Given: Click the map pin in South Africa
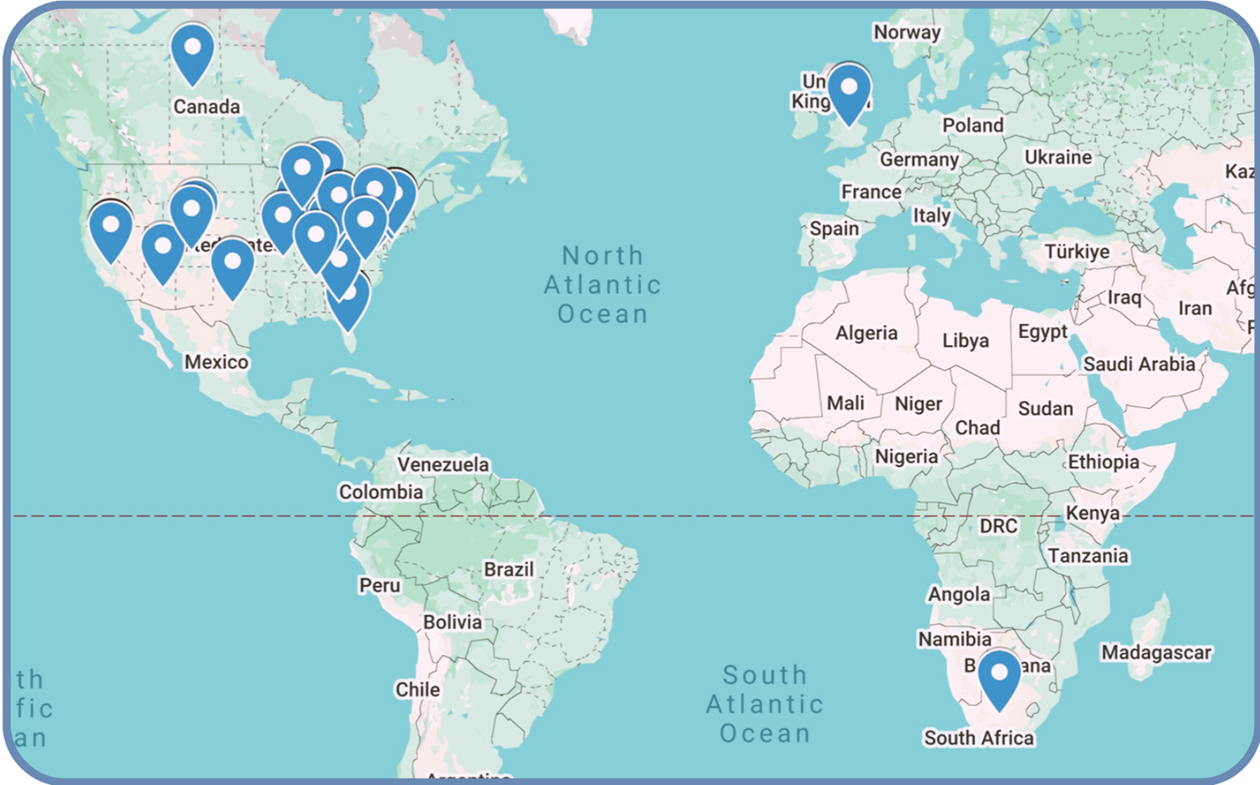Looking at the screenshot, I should pyautogui.click(x=999, y=678).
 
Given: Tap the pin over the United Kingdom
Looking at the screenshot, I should pyautogui.click(x=849, y=93).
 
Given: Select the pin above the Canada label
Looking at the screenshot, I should pyautogui.click(x=192, y=53).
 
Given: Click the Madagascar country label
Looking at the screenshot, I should pyautogui.click(x=1156, y=652).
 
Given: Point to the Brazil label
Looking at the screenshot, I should pyautogui.click(x=509, y=570).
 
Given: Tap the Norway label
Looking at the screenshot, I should pyautogui.click(x=907, y=33).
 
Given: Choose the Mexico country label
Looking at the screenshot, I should pyautogui.click(x=216, y=362).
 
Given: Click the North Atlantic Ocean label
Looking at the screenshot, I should pyautogui.click(x=602, y=285).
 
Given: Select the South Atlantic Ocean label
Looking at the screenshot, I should pyautogui.click(x=765, y=703).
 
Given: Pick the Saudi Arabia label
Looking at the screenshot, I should pyautogui.click(x=1139, y=364).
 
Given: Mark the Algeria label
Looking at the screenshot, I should pyautogui.click(x=866, y=333).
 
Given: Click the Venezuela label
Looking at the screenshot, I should pyautogui.click(x=443, y=464).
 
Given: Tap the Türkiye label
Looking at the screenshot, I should pyautogui.click(x=1077, y=251).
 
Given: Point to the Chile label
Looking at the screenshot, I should pyautogui.click(x=417, y=689).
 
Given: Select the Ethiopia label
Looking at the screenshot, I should pyautogui.click(x=1104, y=462).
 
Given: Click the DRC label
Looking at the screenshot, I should pyautogui.click(x=998, y=526).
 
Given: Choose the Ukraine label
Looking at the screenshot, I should pyautogui.click(x=1058, y=157).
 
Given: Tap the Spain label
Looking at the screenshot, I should pyautogui.click(x=834, y=228).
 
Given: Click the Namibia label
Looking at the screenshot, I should pyautogui.click(x=955, y=639).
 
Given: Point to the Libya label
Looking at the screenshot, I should pyautogui.click(x=965, y=341).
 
